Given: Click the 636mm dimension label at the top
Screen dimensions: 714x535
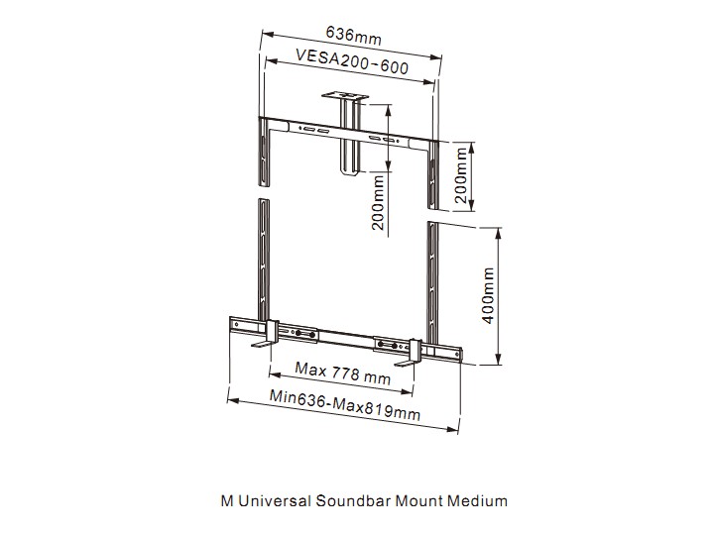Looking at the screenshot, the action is [x=353, y=36].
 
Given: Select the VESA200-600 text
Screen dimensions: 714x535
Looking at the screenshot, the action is [x=352, y=61].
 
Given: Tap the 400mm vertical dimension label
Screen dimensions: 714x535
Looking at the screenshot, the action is [x=488, y=295].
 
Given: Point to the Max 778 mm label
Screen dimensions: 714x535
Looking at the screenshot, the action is [x=342, y=374].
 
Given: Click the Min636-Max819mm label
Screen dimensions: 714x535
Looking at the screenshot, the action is [x=345, y=405].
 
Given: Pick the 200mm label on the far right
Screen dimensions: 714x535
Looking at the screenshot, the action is [x=461, y=174].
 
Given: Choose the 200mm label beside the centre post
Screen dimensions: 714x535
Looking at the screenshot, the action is [x=378, y=203].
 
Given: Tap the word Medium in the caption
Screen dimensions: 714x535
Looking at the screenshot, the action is [x=477, y=501].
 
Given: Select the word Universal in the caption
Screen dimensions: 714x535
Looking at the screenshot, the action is [x=275, y=501].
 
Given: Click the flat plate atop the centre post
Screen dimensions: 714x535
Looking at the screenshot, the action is [x=345, y=96].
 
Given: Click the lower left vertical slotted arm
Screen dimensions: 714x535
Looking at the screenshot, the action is [x=264, y=260].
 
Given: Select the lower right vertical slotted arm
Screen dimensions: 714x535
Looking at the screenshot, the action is [x=432, y=283].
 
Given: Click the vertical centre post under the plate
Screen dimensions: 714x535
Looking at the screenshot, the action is [x=349, y=137].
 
